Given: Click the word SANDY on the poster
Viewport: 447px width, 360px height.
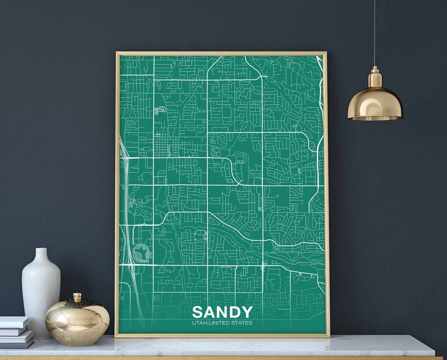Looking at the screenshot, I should coord(222,312).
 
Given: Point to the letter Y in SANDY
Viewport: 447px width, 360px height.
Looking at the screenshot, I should coord(246,312).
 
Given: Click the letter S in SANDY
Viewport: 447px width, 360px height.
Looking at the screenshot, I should coord(198,312).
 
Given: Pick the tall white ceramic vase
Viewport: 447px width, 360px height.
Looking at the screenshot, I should coord(41,290).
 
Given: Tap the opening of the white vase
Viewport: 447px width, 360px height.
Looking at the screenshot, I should coord(41,249).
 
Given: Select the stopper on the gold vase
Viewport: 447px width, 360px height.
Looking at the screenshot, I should coord(77,297).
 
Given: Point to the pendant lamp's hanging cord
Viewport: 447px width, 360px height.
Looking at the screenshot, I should coord(375,33).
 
